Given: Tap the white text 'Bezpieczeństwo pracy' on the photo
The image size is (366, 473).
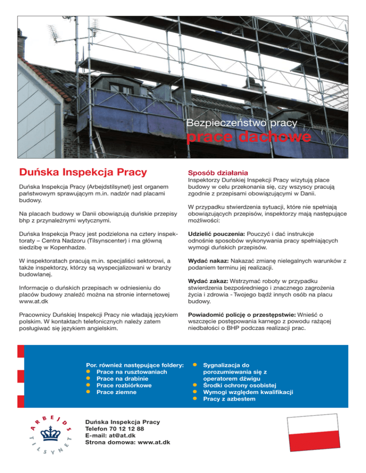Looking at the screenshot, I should pyautogui.click(x=243, y=123).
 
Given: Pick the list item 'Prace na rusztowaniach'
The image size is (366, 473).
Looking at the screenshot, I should pyautogui.click(x=131, y=372).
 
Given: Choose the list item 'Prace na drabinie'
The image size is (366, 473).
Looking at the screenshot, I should pyautogui.click(x=123, y=378).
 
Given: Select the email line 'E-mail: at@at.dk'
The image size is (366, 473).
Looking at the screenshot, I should pyautogui.click(x=111, y=435).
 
